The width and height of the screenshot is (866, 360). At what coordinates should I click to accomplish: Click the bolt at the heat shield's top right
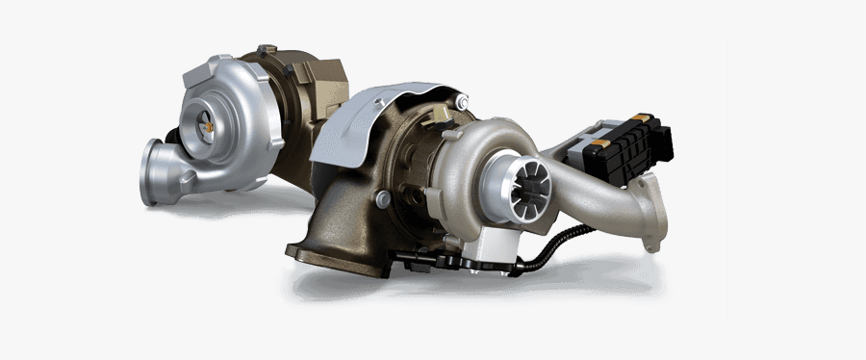[x=463, y=100]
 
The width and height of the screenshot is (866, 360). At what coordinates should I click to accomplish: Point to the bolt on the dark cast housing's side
[x=383, y=198]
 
